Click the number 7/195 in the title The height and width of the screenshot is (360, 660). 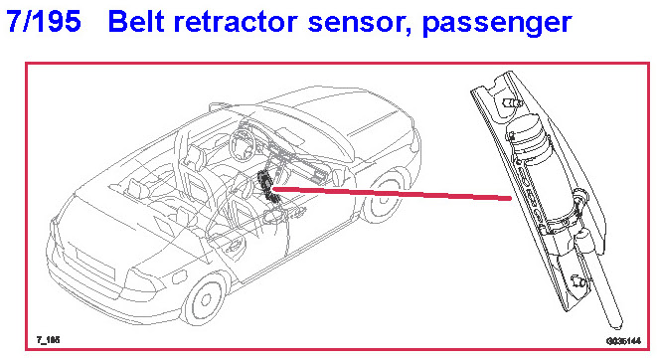click(x=44, y=21)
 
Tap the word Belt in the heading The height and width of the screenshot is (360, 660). click(x=136, y=21)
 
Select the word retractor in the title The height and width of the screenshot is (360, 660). click(x=237, y=22)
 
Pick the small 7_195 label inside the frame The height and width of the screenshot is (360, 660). click(x=48, y=340)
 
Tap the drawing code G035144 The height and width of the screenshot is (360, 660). click(x=624, y=341)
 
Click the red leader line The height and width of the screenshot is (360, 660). click(x=392, y=193)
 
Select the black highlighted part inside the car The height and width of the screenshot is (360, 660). click(x=269, y=186)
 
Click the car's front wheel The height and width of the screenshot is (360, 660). click(x=384, y=197)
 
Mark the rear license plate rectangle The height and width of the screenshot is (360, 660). click(x=93, y=263)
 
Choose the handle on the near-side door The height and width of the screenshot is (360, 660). click(x=233, y=247)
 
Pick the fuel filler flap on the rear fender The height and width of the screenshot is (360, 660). click(x=180, y=277)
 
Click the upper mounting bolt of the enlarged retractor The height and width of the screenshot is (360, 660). click(x=512, y=102)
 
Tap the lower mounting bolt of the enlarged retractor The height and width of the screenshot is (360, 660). click(x=577, y=280)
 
